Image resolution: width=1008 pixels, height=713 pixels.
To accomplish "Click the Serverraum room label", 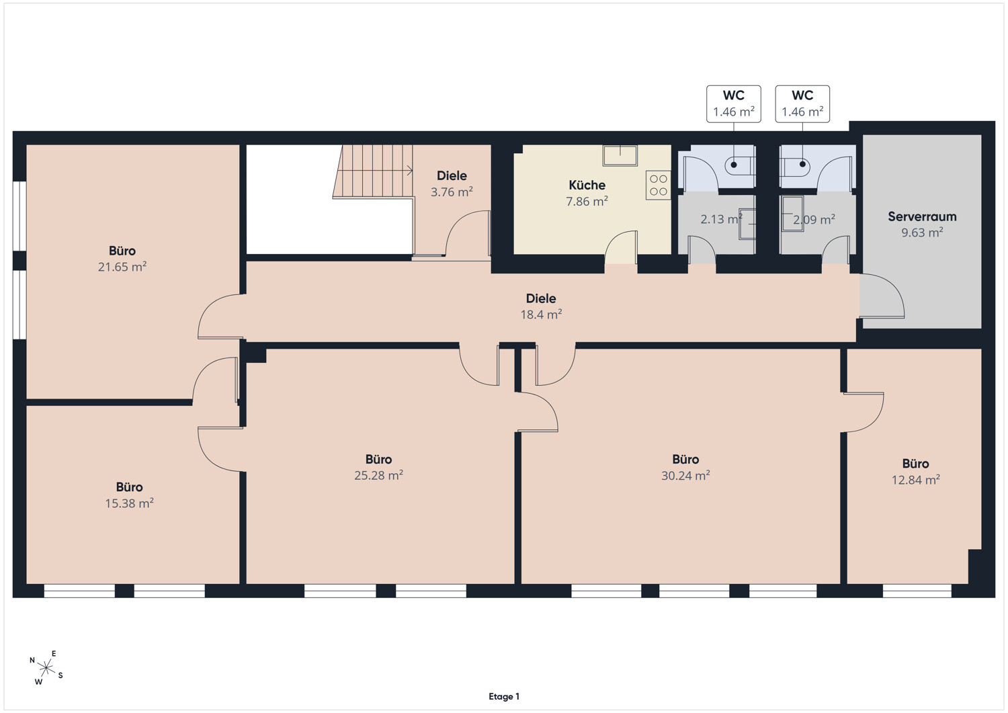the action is pyautogui.click(x=922, y=216).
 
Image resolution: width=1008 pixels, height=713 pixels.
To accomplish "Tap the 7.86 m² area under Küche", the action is pyautogui.click(x=587, y=201).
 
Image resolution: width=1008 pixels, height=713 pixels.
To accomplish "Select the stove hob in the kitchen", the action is pyautogui.click(x=659, y=185).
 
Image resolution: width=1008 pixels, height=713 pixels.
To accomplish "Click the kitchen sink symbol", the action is pyautogui.click(x=620, y=155).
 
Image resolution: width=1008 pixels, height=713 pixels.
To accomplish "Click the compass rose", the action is pyautogui.click(x=46, y=668).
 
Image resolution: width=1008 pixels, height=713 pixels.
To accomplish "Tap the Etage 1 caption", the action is pyautogui.click(x=504, y=696).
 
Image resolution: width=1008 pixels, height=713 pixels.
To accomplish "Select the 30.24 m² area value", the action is pyautogui.click(x=685, y=475).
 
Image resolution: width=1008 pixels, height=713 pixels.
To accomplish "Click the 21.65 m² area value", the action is pyautogui.click(x=122, y=267).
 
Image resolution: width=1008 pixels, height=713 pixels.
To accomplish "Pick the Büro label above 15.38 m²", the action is pyautogui.click(x=130, y=487).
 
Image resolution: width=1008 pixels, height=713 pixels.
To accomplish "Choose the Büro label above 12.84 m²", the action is pyautogui.click(x=916, y=464).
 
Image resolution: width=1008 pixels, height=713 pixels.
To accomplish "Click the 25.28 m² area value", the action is pyautogui.click(x=378, y=475).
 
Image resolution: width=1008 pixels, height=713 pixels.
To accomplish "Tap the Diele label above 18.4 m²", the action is pyautogui.click(x=541, y=298).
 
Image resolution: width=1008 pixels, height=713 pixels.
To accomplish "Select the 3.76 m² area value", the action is pyautogui.click(x=452, y=192).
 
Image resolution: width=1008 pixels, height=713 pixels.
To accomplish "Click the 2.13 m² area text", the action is pyautogui.click(x=721, y=219).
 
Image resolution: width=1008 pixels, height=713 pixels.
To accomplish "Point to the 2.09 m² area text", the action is pyautogui.click(x=814, y=219).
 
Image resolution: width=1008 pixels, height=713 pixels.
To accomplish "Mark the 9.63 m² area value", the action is pyautogui.click(x=922, y=233).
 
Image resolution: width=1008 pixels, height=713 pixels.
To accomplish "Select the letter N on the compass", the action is pyautogui.click(x=32, y=661).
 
